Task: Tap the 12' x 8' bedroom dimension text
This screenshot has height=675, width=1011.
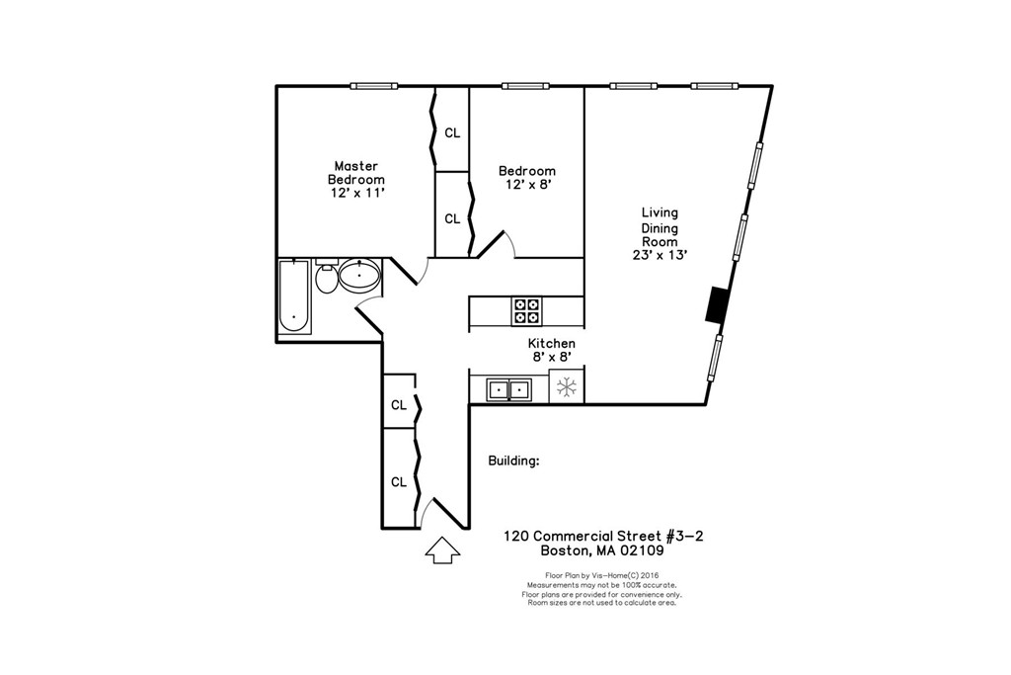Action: point(526,185)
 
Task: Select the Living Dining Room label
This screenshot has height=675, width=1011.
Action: point(660,227)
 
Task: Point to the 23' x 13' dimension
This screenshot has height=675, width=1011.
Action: point(660,255)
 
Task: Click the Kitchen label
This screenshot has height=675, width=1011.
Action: point(551,343)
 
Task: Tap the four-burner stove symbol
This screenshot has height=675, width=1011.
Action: point(526,311)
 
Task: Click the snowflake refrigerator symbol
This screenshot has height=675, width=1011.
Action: point(567,387)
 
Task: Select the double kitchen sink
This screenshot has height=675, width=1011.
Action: point(509,389)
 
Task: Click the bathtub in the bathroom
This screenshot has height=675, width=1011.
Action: point(293,297)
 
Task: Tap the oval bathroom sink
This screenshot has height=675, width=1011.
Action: point(359,277)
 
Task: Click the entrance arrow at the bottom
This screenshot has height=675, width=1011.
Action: point(441,551)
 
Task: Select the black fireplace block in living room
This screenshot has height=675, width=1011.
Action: point(716,304)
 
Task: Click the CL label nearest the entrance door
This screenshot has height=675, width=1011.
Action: point(399,482)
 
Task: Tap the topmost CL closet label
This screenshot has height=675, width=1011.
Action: point(452,132)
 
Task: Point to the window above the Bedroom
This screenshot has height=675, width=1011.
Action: point(525,86)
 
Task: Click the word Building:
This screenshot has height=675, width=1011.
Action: point(513,461)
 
